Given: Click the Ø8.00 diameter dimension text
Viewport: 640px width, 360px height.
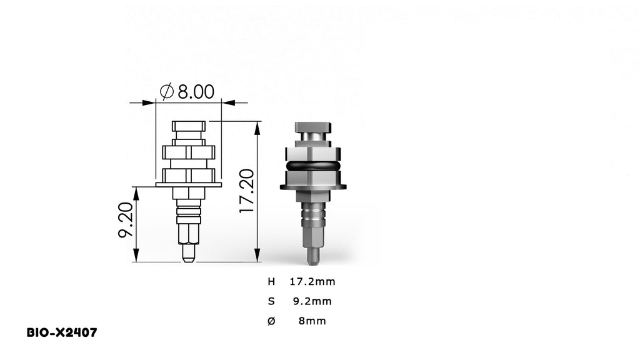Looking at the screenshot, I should [x=187, y=92].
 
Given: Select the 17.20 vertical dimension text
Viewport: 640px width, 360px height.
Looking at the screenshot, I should [x=247, y=191].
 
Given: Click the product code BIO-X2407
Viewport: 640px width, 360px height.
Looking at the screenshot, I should [x=62, y=332].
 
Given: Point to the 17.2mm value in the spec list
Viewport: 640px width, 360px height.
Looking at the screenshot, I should [x=312, y=281].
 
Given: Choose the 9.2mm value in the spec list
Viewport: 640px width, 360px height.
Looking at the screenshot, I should [x=312, y=301].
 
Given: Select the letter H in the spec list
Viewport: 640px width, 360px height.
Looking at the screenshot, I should [x=271, y=281].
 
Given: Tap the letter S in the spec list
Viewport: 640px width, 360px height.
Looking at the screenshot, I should [x=271, y=301].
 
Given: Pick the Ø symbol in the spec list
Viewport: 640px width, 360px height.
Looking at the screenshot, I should [x=271, y=321].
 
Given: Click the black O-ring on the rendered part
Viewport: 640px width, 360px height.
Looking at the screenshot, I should [x=312, y=166].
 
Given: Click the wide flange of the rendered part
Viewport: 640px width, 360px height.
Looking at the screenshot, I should [x=312, y=186].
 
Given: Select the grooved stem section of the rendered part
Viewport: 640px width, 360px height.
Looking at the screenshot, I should [x=312, y=216].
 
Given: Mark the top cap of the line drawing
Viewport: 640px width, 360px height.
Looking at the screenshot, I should [x=188, y=127].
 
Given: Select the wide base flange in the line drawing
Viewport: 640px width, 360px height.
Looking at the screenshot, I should [x=188, y=185].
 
